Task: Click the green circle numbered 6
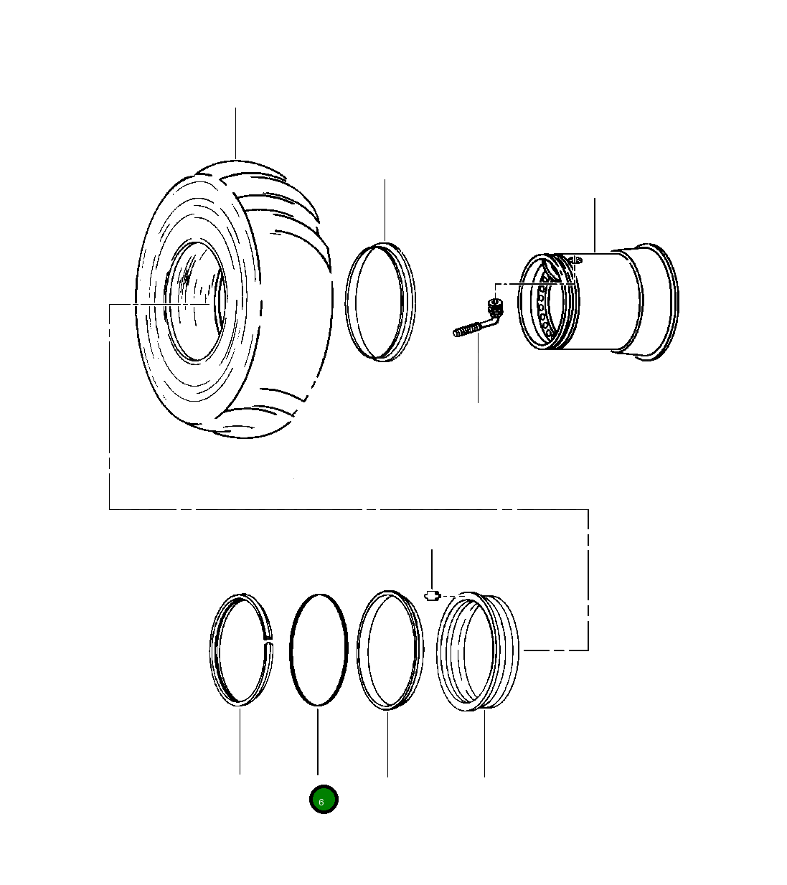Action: click(x=324, y=799)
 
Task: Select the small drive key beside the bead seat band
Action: click(x=431, y=595)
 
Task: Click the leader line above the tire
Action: click(x=236, y=133)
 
